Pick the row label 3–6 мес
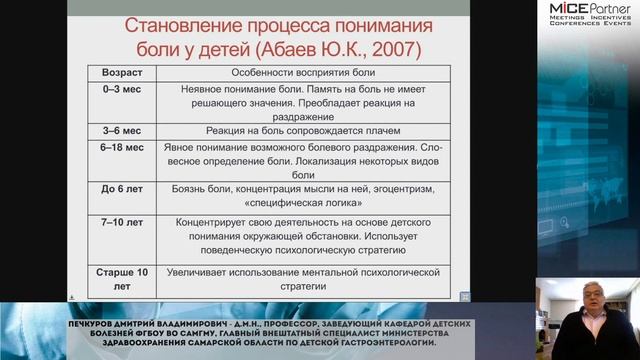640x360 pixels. pyautogui.click(x=119, y=131)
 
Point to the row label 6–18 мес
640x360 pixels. pyautogui.click(x=122, y=146)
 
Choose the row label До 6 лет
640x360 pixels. pyautogui.click(x=119, y=188)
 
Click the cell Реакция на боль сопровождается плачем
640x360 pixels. pyautogui.click(x=291, y=131)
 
